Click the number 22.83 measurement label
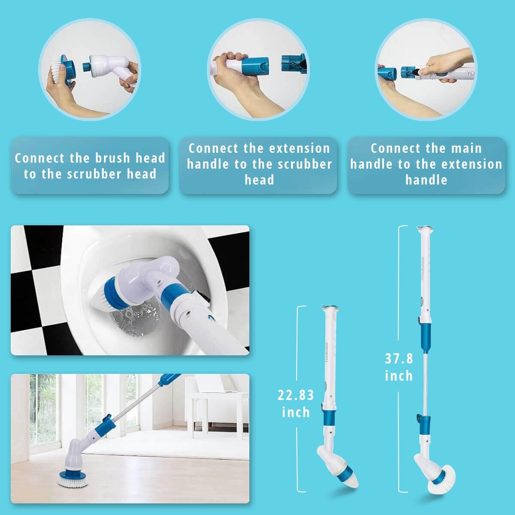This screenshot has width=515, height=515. coord(296,394)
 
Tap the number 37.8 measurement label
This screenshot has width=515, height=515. coord(399,358)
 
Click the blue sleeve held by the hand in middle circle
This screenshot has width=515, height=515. coord(255,65)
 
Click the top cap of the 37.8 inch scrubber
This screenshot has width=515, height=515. coord(425,230)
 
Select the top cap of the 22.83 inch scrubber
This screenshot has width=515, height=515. coord(330,308)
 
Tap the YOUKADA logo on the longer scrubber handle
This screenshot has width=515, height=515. coord(423,269)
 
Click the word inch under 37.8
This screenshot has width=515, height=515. coord(399,376)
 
